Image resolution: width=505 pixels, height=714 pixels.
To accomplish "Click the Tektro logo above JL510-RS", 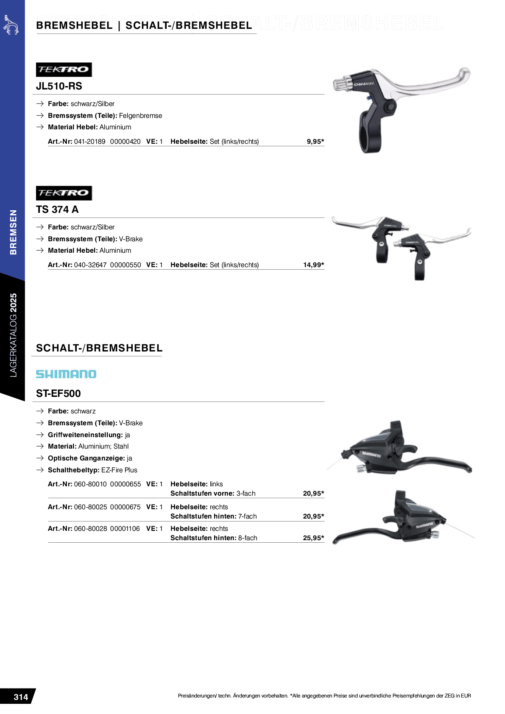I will [x=64, y=70].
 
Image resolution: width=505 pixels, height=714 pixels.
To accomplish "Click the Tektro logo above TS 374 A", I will [x=64, y=193].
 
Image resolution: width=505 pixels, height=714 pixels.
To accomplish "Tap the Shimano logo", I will [x=66, y=374].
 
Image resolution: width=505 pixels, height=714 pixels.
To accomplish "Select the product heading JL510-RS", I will [x=59, y=86].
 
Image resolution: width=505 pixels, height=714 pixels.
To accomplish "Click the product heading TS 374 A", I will [x=57, y=209].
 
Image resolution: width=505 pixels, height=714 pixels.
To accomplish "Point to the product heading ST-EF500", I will [x=58, y=393].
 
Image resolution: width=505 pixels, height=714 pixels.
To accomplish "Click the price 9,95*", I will [x=315, y=142].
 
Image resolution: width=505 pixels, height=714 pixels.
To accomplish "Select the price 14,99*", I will [x=313, y=265].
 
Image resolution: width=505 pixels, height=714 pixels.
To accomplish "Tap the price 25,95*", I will [x=313, y=538].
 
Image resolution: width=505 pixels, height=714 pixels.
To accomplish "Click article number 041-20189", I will [x=89, y=142].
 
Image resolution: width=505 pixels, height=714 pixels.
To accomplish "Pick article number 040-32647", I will [x=90, y=265].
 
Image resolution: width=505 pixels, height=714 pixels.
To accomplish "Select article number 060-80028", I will [x=90, y=529].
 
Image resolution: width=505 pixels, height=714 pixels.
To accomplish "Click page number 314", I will [x=21, y=697].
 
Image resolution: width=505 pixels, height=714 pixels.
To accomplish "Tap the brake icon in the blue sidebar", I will [x=11, y=25].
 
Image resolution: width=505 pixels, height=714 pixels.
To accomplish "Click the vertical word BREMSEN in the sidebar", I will [x=14, y=232].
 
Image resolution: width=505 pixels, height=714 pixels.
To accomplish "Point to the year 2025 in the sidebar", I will [x=14, y=303].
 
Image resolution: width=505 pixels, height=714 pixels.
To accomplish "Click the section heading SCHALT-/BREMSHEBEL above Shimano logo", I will [x=99, y=348].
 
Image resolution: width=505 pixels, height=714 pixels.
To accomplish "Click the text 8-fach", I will [x=248, y=538].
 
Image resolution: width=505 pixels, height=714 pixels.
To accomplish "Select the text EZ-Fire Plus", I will [x=119, y=470].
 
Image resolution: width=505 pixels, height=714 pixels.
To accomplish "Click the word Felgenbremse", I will [x=140, y=116].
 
